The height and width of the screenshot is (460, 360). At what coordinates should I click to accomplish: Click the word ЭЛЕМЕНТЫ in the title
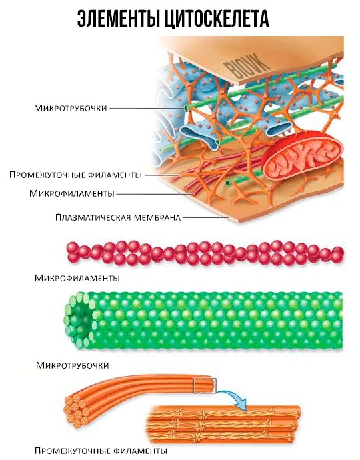click(118, 19)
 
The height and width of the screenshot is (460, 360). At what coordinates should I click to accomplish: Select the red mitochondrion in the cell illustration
click(302, 155)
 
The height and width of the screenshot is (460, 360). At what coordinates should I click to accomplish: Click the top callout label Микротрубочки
click(70, 108)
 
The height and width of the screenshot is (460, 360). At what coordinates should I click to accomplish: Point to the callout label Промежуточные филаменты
click(76, 175)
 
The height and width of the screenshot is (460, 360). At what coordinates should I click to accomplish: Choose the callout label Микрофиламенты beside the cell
click(71, 193)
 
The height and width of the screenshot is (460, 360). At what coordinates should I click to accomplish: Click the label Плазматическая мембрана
click(118, 218)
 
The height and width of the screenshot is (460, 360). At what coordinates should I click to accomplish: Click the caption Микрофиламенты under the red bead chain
click(77, 278)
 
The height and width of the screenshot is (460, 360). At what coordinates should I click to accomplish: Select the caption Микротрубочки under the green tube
click(73, 365)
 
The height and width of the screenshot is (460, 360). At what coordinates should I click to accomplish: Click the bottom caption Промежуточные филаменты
click(101, 451)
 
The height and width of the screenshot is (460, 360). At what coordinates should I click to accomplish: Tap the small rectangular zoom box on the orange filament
click(205, 386)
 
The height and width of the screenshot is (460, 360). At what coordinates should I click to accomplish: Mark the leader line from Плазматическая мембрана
click(205, 218)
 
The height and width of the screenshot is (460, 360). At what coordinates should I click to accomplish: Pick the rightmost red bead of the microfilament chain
click(338, 253)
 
